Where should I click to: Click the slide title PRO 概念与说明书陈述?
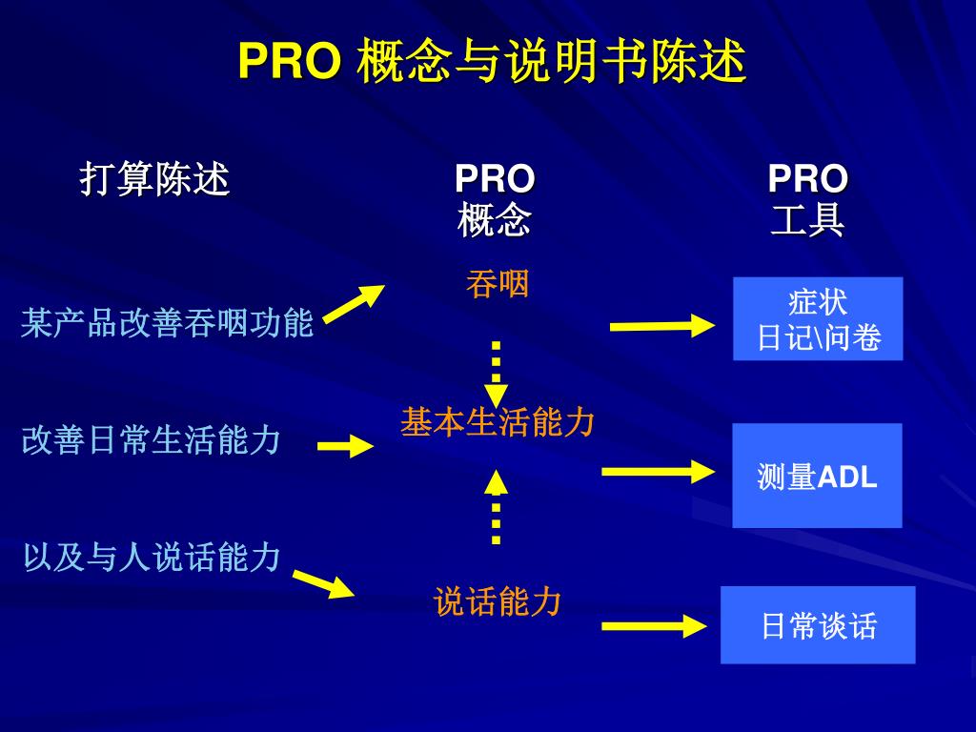491,63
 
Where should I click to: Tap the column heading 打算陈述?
154,179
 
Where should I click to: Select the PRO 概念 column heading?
494,199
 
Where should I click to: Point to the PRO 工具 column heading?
807,199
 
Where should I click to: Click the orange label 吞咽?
497,284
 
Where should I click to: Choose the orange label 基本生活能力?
498,421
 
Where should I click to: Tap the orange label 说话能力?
498,601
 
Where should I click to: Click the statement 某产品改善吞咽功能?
168,323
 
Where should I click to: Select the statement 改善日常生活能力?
152,440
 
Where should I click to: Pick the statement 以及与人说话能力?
152,558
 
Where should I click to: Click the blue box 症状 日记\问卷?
818,319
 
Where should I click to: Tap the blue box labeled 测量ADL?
817,476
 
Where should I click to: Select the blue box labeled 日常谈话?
818,625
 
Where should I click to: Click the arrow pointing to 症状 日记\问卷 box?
661,326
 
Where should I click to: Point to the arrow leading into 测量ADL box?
658,470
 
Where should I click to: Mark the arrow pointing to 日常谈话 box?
654,626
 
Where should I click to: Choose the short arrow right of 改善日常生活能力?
345,445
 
